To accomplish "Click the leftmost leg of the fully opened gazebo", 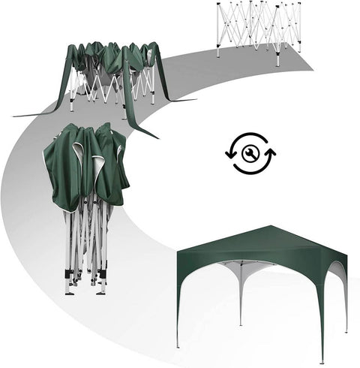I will (178, 330).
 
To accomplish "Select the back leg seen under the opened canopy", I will (240, 300).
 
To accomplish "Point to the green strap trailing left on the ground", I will (37, 113).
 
